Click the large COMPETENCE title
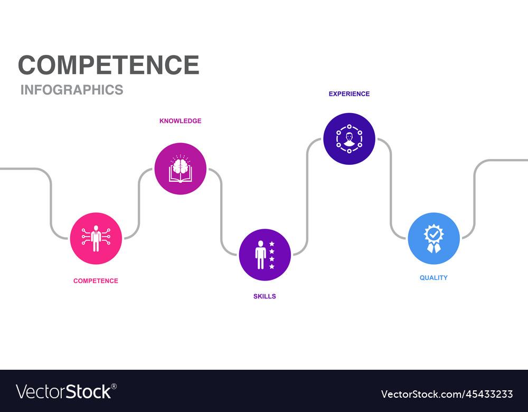[108, 64]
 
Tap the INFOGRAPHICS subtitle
[72, 90]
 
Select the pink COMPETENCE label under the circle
[96, 280]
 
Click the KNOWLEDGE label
[180, 120]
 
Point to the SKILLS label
[265, 296]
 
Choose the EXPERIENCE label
[349, 93]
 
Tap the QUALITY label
[433, 278]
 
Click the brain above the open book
[181, 166]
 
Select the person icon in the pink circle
[96, 239]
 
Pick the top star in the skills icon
[272, 244]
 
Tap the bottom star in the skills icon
[272, 266]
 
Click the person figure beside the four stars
[261, 255]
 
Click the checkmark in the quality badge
[433, 233]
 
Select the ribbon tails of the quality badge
[433, 248]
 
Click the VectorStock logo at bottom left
[64, 392]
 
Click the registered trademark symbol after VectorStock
[114, 386]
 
